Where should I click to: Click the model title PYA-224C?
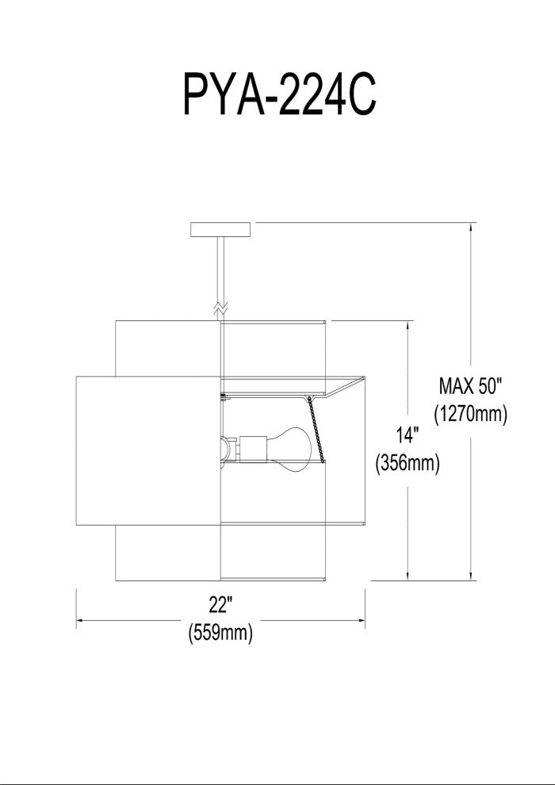coord(280,94)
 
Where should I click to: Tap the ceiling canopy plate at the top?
coord(220,229)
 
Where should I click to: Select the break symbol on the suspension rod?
coord(220,309)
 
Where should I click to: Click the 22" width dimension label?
coord(220,606)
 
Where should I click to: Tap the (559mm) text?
coord(220,633)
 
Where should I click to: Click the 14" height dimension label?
coord(408,435)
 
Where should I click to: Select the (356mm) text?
coord(408,464)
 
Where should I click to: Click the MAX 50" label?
coord(470,386)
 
